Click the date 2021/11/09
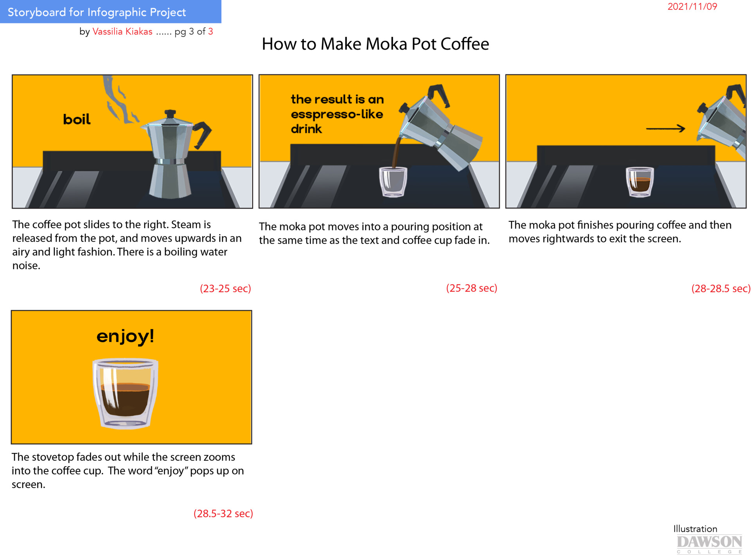(692, 7)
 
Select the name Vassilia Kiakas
(122, 32)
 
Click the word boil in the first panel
(77, 119)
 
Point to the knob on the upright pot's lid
(170, 114)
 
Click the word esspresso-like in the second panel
(337, 114)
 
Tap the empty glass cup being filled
(393, 182)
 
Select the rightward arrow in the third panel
(665, 128)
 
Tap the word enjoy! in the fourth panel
(125, 336)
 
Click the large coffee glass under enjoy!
(125, 393)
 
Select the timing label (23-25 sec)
(225, 289)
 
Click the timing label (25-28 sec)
(471, 288)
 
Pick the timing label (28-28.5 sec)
(720, 289)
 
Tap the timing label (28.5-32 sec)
(223, 514)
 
